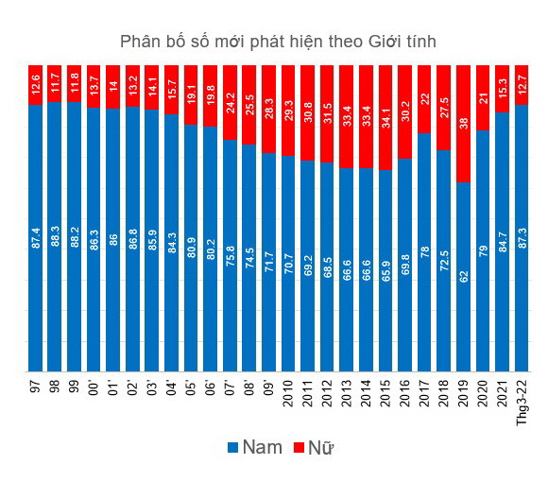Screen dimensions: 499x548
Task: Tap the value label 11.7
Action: click(56, 83)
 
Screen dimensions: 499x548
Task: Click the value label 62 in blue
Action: click(463, 276)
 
